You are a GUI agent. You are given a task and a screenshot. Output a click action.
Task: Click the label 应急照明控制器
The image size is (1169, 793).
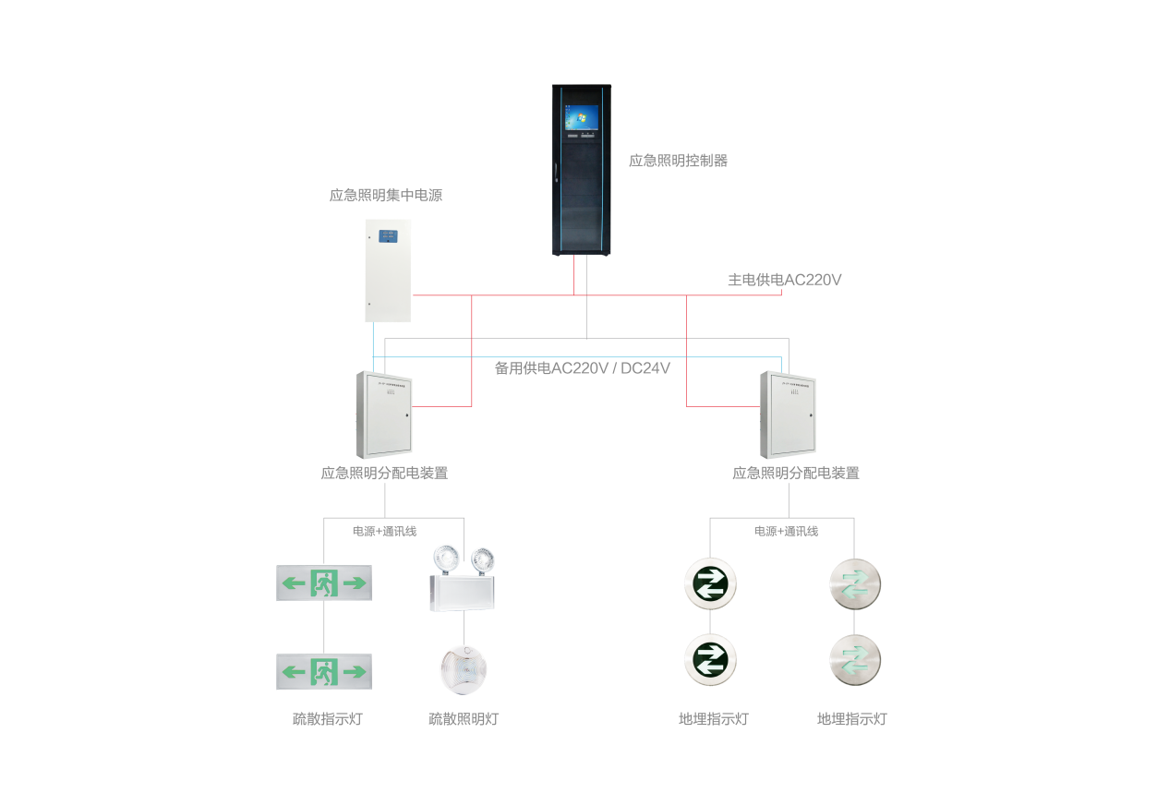click(678, 161)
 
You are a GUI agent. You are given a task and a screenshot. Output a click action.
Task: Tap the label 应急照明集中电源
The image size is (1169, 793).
click(385, 196)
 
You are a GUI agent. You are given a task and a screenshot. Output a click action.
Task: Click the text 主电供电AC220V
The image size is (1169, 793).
click(784, 280)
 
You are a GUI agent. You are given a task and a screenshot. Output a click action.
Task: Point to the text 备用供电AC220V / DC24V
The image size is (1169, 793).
click(582, 368)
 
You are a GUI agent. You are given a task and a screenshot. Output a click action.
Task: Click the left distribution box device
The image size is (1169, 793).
click(383, 415)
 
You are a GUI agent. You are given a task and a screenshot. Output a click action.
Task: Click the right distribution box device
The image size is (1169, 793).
click(788, 415)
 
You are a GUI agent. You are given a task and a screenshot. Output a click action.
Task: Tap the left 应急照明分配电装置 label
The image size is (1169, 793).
click(384, 474)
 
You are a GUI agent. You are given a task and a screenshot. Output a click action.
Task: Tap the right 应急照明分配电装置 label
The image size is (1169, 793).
click(795, 474)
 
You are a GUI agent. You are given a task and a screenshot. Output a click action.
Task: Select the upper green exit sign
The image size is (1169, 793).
click(324, 583)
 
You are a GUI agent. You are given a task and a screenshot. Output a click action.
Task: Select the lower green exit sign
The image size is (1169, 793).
click(324, 671)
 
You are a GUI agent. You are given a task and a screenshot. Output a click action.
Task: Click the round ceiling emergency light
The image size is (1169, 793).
click(463, 668)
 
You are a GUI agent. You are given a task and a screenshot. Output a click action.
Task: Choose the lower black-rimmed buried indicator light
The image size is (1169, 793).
click(709, 659)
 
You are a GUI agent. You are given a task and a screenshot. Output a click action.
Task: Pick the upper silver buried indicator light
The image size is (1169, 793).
click(854, 583)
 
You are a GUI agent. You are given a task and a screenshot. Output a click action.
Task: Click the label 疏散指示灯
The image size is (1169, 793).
click(327, 719)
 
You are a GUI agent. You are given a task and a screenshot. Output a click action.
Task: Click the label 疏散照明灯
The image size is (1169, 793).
click(464, 719)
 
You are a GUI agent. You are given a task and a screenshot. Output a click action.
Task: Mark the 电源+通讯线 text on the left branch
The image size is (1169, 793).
click(384, 532)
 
